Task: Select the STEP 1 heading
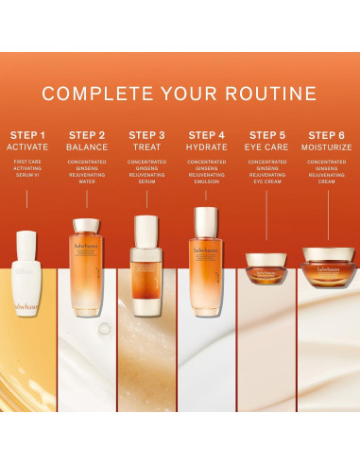[27, 134]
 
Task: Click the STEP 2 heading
[87, 134]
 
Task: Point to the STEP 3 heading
[146, 134]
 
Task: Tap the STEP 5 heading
[267, 134]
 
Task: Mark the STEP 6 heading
[327, 134]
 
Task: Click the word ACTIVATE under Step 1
[27, 147]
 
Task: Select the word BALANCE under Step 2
[87, 147]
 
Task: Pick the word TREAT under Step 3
[146, 147]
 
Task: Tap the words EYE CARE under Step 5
[267, 147]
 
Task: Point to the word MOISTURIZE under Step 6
[327, 147]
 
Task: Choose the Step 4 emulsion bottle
[207, 248]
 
